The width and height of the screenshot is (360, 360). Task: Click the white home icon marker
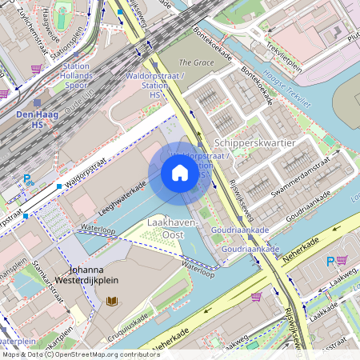180,173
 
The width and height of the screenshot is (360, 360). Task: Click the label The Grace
195,62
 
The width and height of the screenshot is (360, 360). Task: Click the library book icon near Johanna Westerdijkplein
110,301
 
